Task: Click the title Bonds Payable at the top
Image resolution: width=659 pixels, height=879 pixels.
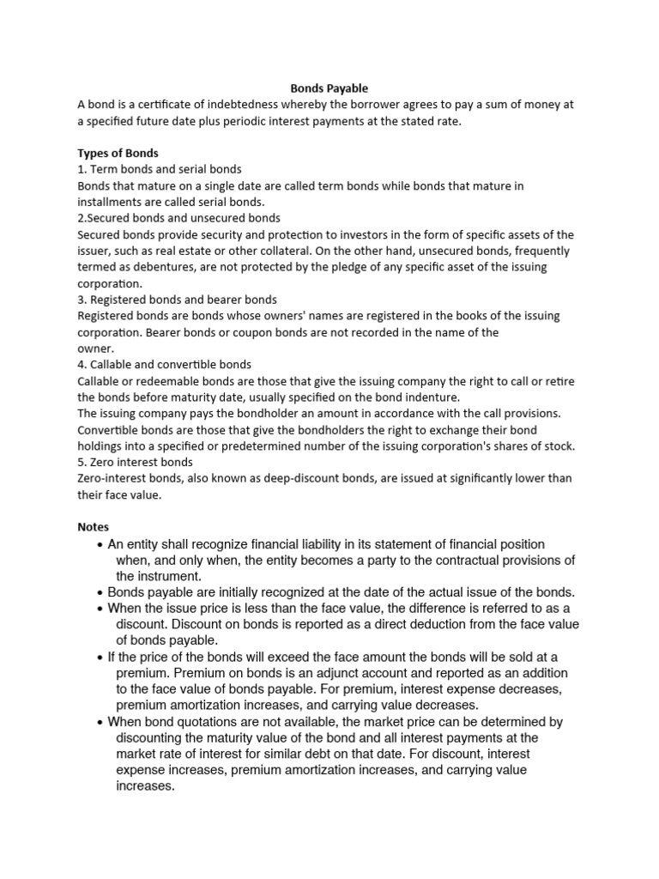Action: pyautogui.click(x=329, y=88)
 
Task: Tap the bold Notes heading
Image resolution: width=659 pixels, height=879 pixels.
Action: pyautogui.click(x=93, y=526)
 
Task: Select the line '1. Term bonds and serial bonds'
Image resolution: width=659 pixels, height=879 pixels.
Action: pyautogui.click(x=159, y=169)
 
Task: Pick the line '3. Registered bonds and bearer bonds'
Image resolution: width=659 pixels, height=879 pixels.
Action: pyautogui.click(x=177, y=300)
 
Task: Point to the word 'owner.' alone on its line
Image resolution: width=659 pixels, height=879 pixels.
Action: pyautogui.click(x=95, y=349)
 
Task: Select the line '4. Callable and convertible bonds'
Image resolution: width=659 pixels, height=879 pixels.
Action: pyautogui.click(x=164, y=365)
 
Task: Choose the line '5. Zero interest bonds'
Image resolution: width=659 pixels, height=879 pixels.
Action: pyautogui.click(x=135, y=463)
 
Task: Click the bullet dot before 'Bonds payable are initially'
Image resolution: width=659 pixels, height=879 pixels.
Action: pyautogui.click(x=101, y=593)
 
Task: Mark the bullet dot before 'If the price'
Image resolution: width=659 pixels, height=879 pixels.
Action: pyautogui.click(x=101, y=658)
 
